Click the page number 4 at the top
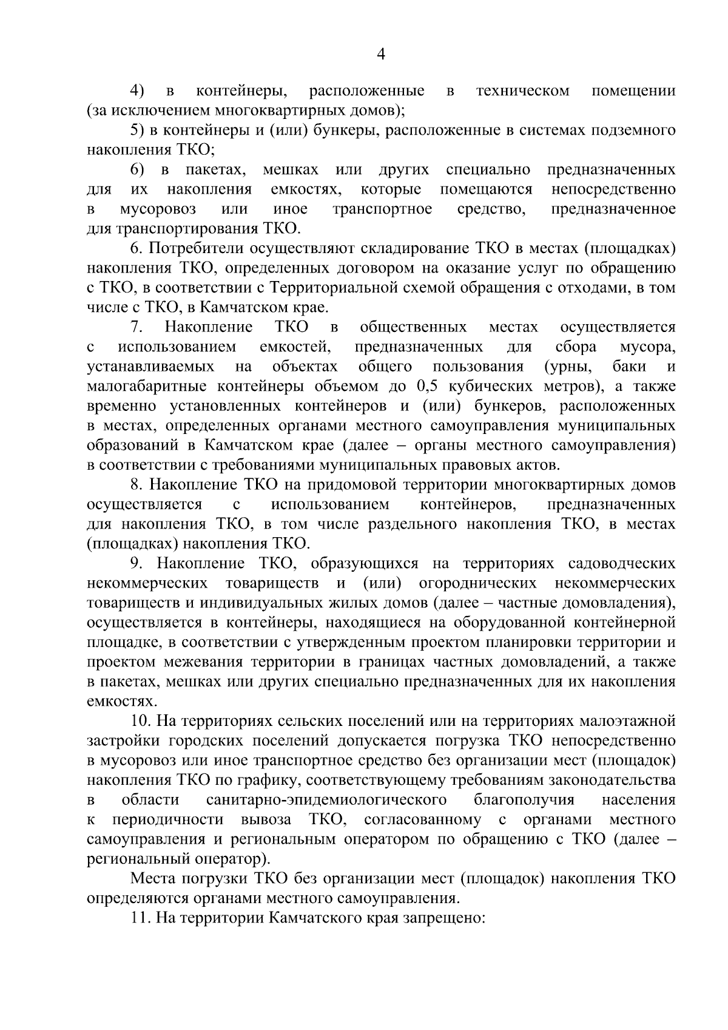pyautogui.click(x=381, y=55)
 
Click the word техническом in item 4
pyautogui.click(x=523, y=91)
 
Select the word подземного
pyautogui.click(x=630, y=130)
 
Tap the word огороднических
pyautogui.click(x=477, y=583)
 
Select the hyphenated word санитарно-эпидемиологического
pyautogui.click(x=326, y=800)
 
